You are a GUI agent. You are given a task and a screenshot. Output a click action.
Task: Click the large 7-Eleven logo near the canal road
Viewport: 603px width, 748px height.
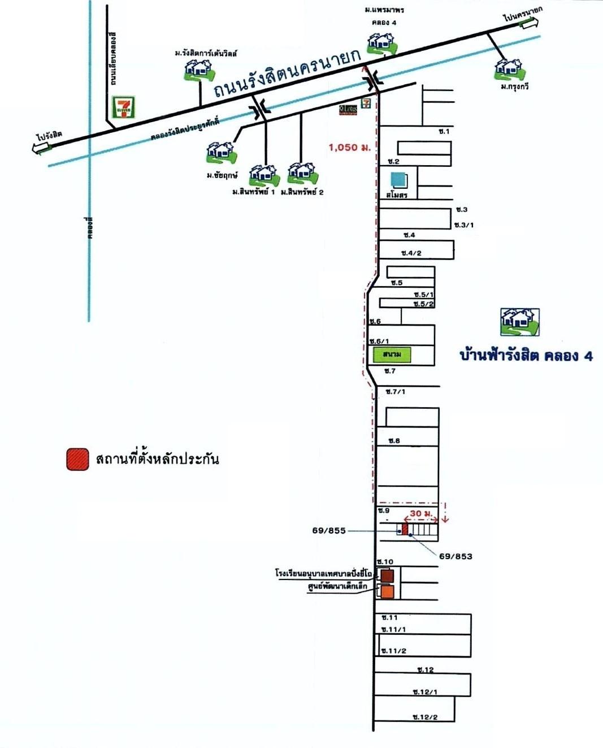pos(124,107)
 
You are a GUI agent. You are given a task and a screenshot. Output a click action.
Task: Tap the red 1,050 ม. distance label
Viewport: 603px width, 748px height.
pos(349,148)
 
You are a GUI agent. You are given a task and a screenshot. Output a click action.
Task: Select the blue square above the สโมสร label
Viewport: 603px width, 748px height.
pos(399,180)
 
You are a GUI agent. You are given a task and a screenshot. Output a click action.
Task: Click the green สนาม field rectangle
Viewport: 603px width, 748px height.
pos(392,354)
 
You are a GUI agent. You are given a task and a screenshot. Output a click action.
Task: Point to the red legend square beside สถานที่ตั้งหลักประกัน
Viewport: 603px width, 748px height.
pos(77,459)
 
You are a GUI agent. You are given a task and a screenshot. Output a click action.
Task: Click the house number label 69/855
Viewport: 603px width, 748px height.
pos(328,531)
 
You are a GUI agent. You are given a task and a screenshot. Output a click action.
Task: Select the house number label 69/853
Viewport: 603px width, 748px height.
pos(455,556)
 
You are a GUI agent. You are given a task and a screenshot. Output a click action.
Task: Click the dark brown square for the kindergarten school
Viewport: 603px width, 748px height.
pos(387,576)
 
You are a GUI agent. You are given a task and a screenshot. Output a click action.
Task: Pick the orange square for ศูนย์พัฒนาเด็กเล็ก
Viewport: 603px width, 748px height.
pos(387,592)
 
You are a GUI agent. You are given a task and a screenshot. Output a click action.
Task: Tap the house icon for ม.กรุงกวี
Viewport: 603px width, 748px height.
pos(510,69)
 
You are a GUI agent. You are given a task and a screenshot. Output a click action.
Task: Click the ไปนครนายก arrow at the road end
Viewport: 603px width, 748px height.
pos(530,23)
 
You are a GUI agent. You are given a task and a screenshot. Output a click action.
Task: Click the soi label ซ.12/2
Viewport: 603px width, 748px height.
pos(425,717)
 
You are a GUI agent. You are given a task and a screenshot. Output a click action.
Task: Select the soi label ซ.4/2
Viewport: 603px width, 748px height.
pos(411,253)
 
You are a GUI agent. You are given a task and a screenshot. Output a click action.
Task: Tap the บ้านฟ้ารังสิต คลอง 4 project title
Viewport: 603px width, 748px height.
pos(526,356)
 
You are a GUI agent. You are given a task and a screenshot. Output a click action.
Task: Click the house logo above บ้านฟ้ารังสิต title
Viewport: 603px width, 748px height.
pos(520,321)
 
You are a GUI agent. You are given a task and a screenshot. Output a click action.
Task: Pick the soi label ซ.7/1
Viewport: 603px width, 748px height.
pos(396,392)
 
